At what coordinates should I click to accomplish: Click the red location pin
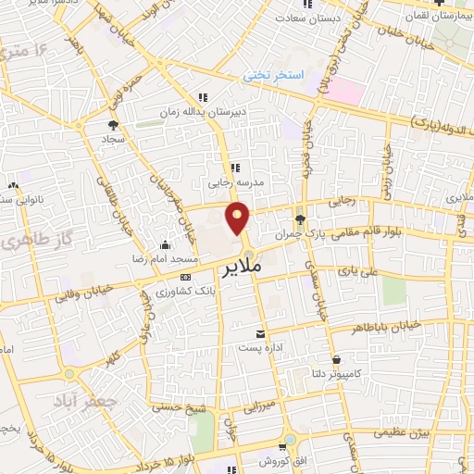240,220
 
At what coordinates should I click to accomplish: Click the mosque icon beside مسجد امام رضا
165,245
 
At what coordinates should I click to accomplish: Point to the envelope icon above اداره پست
260,333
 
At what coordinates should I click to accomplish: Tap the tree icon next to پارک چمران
300,219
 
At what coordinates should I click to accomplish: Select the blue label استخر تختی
275,77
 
